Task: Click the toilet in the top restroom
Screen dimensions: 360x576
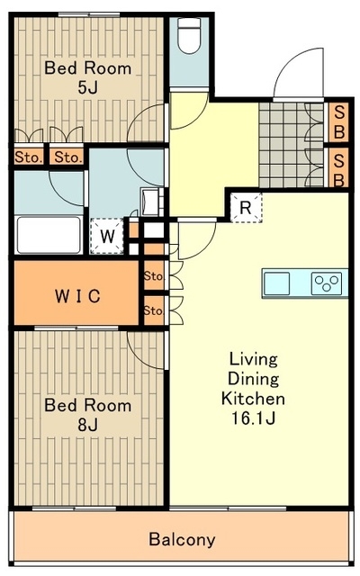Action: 189,35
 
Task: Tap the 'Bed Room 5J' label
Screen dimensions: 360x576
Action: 88,77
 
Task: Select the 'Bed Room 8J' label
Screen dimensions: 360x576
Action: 88,415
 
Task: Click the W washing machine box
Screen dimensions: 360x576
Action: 107,236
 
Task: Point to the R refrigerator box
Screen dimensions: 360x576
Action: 246,208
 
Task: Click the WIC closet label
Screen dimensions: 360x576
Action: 77,296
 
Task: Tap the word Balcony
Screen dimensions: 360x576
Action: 182,540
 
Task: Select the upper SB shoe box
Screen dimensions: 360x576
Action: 338,122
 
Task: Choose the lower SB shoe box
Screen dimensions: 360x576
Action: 338,168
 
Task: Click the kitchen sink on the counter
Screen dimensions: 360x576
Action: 277,283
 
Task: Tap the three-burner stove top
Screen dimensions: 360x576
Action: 327,283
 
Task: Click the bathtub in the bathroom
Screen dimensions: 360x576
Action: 49,235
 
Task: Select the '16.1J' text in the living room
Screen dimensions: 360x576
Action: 254,418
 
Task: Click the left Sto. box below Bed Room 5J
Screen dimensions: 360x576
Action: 29,157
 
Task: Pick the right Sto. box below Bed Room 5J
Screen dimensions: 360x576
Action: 67,157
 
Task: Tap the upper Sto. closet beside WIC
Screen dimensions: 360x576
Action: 153,275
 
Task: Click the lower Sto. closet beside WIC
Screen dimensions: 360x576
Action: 153,310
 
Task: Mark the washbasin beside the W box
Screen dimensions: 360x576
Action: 151,202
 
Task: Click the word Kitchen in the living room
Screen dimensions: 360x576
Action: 253,399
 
